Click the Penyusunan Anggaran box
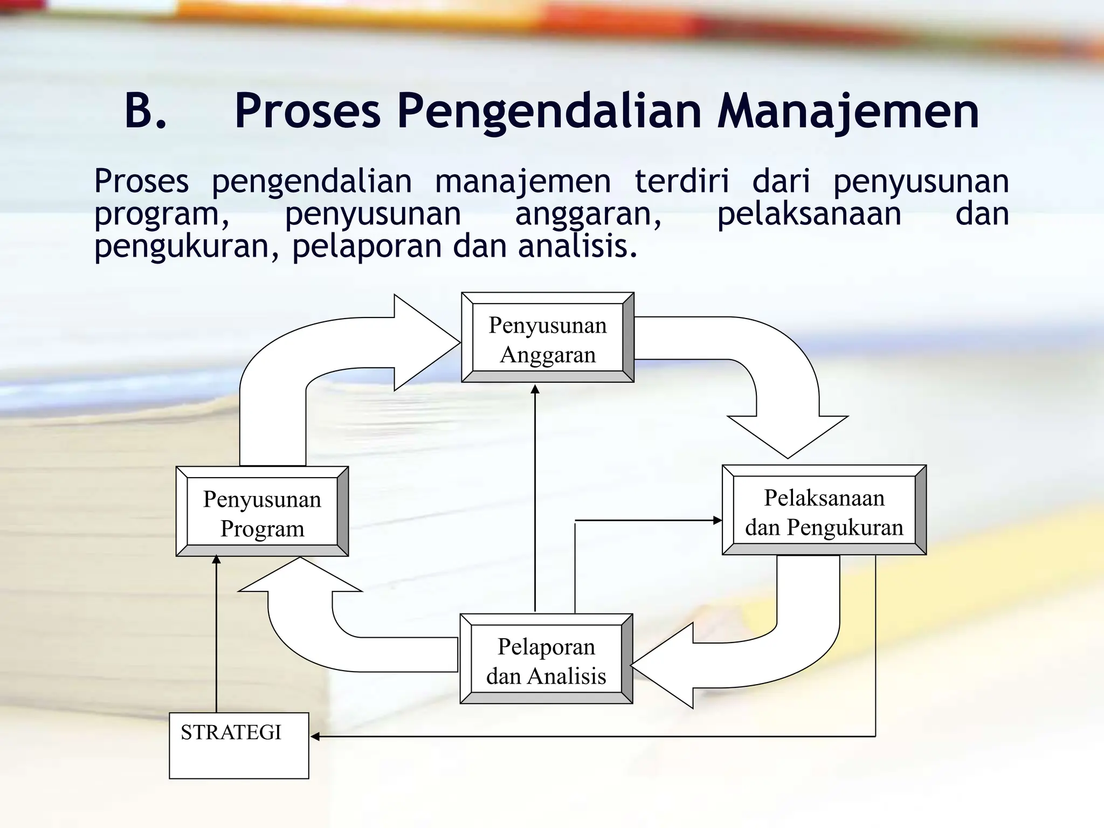pyautogui.click(x=547, y=338)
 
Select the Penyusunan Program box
pyautogui.click(x=262, y=512)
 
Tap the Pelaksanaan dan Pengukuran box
pyautogui.click(x=824, y=510)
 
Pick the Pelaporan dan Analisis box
pyautogui.click(x=546, y=659)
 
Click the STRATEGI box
pyautogui.click(x=239, y=746)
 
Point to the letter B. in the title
pyautogui.click(x=145, y=112)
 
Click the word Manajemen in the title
pyautogui.click(x=848, y=112)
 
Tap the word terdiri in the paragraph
pyautogui.click(x=681, y=181)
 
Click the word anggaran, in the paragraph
pyautogui.click(x=588, y=214)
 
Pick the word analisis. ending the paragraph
pyautogui.click(x=577, y=247)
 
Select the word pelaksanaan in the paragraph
pyautogui.click(x=809, y=214)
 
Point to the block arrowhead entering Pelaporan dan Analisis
pyautogui.click(x=660, y=666)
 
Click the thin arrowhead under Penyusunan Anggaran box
pyautogui.click(x=535, y=389)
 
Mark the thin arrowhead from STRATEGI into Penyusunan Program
pyautogui.click(x=216, y=560)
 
